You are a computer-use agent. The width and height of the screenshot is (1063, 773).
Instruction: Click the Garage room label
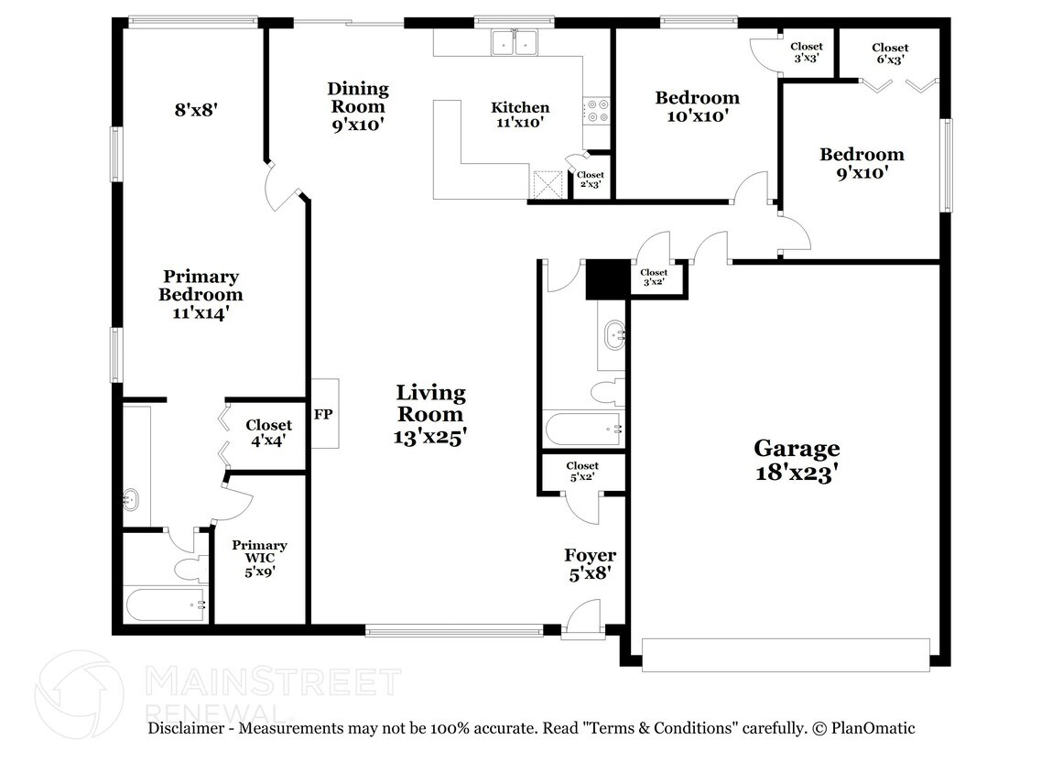tap(797, 461)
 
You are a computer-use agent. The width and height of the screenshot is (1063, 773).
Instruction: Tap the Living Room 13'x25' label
tap(430, 414)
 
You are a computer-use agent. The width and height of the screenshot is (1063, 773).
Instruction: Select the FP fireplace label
tap(323, 414)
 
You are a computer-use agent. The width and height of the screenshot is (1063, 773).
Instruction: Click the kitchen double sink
tap(515, 43)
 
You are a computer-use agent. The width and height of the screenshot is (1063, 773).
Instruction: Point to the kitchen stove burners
tap(597, 111)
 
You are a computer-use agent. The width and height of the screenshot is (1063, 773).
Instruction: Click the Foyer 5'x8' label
tap(590, 565)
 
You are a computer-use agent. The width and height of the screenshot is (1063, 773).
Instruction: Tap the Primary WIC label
tap(260, 558)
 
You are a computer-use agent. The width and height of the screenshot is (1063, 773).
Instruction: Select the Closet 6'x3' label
tap(890, 53)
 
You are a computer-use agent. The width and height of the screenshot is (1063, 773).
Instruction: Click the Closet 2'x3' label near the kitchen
tap(591, 180)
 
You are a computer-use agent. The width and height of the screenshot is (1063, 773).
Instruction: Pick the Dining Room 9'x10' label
tap(358, 106)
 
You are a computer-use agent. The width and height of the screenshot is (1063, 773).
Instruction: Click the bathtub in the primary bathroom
tap(166, 604)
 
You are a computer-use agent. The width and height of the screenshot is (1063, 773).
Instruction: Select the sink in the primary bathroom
tap(132, 500)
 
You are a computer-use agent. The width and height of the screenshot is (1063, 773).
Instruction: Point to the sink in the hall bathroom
tap(615, 335)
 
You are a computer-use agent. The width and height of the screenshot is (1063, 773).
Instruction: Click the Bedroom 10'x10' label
tap(698, 106)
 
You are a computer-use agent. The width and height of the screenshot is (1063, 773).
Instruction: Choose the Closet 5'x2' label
tap(582, 472)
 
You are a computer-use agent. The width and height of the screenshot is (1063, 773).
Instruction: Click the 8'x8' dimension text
tap(196, 109)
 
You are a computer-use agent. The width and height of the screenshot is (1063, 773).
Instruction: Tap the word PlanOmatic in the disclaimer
tap(873, 728)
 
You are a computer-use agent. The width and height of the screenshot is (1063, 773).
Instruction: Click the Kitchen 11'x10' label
tap(520, 114)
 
